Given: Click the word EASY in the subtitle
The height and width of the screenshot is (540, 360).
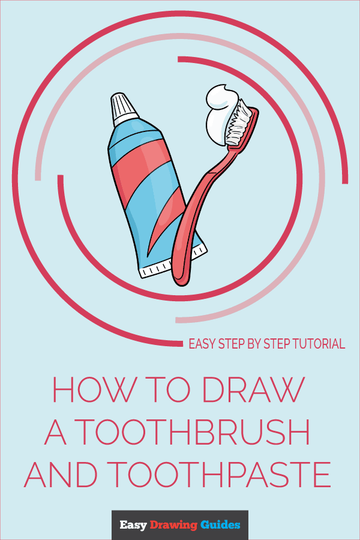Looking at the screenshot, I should click(x=202, y=344).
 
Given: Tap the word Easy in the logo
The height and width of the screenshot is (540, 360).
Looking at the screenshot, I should click(x=132, y=525).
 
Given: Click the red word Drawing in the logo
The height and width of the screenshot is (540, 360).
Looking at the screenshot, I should click(x=173, y=525).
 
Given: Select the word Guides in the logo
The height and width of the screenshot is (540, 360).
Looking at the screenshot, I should click(x=220, y=525).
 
